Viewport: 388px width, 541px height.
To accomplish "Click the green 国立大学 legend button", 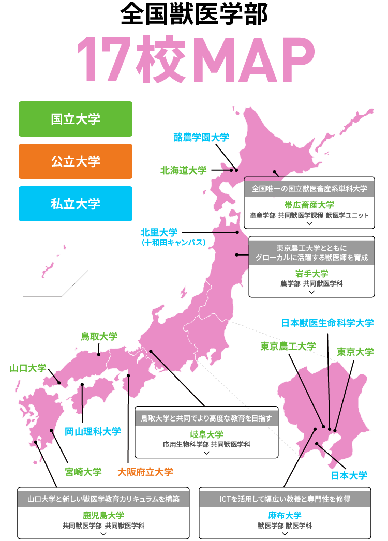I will pos(76,119).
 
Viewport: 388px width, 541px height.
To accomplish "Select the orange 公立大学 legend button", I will pos(76,161).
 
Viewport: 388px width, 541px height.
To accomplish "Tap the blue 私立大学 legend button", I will pos(76,204).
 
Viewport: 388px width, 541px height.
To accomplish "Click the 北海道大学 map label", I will pos(183,170).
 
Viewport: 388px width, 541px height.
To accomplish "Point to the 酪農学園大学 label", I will pos(201,137).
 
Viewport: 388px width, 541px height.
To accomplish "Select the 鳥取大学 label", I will pos(99,336).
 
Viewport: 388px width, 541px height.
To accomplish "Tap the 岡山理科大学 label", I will pos(93,431).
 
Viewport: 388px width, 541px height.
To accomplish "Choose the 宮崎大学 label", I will pos(83,472).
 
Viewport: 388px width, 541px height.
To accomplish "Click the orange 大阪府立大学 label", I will pos(145,472).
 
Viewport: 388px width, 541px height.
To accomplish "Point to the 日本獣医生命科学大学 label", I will pos(327,323).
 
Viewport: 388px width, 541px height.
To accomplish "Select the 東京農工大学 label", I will pos(288,347).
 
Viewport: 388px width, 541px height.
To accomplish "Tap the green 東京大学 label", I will pos(355,352).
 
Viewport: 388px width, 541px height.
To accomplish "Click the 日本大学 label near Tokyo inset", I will pos(349,475).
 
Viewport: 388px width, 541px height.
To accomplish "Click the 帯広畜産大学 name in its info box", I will pos(309,205).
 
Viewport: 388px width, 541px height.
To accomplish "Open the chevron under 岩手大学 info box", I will pos(311,292).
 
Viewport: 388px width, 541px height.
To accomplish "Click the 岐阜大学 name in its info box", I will pos(206,434).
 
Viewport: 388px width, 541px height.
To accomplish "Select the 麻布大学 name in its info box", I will pos(285,515).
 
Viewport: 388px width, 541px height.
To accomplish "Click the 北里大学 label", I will pos(159,232).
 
